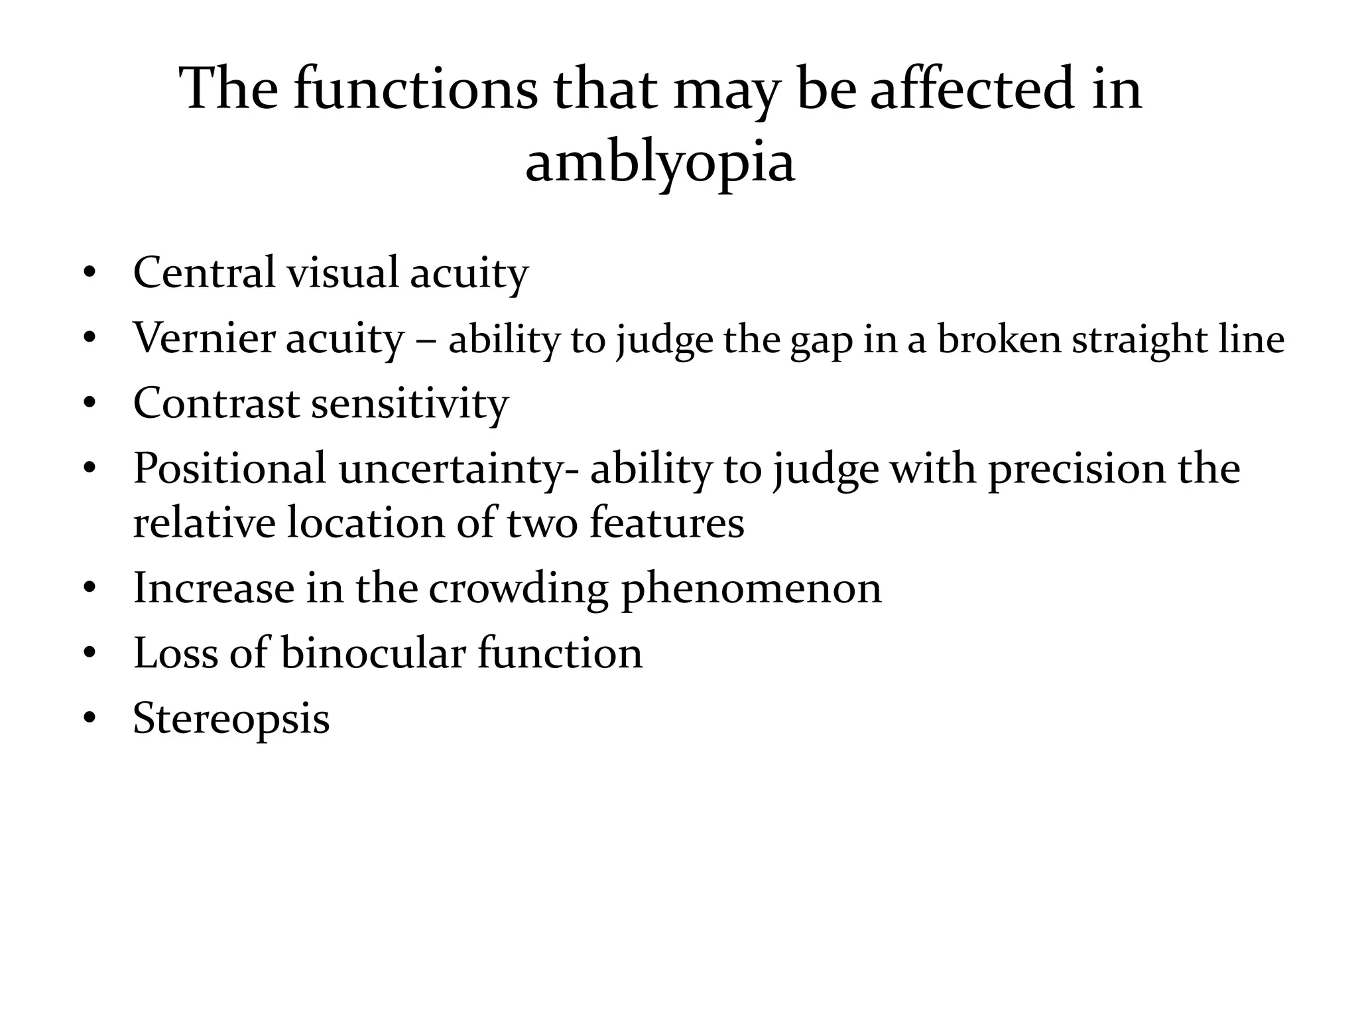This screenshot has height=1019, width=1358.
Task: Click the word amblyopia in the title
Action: pyautogui.click(x=660, y=163)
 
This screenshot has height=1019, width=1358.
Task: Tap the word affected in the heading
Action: pyautogui.click(x=971, y=89)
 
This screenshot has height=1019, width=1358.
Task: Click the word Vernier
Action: pyautogui.click(x=203, y=338)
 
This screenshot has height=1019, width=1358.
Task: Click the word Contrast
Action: pyautogui.click(x=216, y=403)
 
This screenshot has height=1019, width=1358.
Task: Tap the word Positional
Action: pyautogui.click(x=229, y=469)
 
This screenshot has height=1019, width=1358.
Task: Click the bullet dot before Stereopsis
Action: pyautogui.click(x=90, y=718)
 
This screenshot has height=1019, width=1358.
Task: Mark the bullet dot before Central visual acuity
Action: pyautogui.click(x=90, y=272)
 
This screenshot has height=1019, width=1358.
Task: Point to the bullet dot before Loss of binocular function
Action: pyautogui.click(x=90, y=653)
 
